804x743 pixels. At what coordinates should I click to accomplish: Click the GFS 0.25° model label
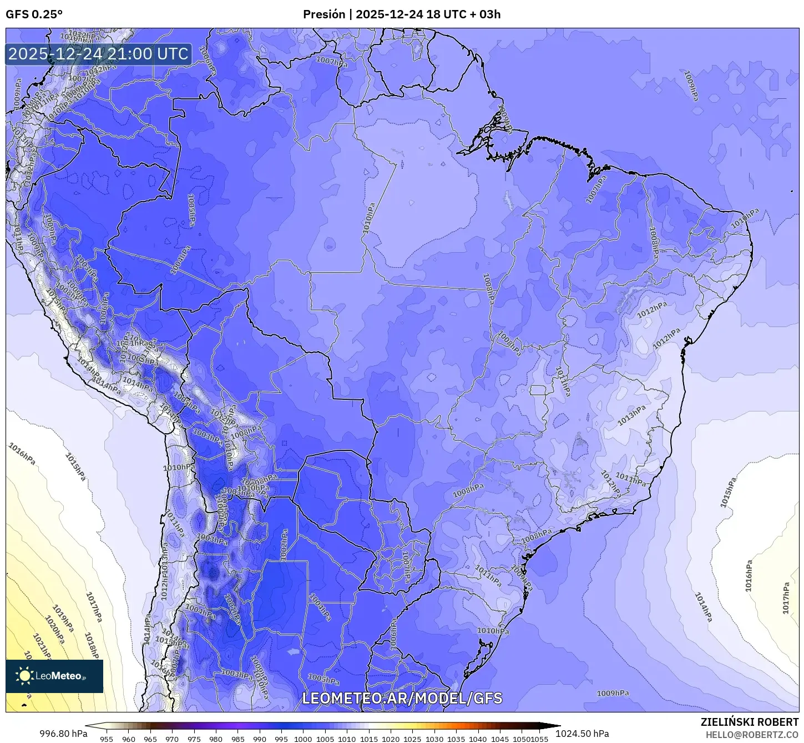[34, 14]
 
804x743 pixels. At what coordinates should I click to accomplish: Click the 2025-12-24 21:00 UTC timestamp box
[99, 54]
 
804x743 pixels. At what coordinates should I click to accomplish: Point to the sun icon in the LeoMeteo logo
[24, 676]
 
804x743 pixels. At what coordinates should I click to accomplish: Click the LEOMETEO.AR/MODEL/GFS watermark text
[402, 698]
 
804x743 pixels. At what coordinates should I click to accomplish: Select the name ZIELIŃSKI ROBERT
[750, 722]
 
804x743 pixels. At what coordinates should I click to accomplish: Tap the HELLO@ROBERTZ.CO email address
[752, 735]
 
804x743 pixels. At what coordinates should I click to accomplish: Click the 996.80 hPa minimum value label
[63, 734]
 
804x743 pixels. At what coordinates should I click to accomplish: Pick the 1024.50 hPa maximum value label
[582, 734]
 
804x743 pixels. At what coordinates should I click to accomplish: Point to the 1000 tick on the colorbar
[303, 739]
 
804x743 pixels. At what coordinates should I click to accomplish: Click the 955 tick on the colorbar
[107, 739]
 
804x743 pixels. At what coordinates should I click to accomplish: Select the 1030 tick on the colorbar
[434, 739]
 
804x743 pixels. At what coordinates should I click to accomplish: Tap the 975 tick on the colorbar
[194, 739]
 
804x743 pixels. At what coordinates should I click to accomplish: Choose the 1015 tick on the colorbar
[368, 739]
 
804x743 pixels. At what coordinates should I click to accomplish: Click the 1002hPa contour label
[284, 545]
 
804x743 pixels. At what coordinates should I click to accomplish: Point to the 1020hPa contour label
[55, 630]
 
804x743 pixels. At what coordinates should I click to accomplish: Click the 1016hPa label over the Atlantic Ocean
[749, 576]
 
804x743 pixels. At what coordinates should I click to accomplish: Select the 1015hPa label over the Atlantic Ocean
[728, 492]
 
